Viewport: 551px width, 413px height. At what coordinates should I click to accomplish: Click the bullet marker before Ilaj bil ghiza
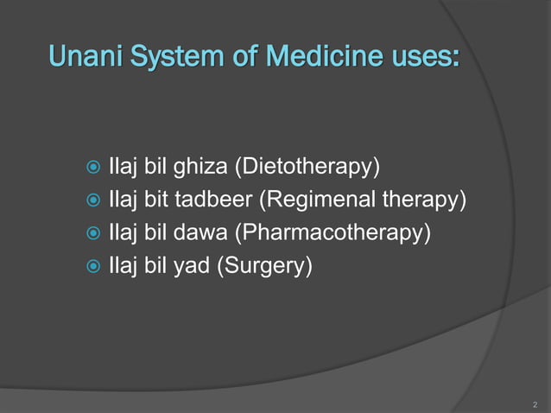[x=90, y=167]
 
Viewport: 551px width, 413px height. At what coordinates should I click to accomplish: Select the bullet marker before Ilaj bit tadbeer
[x=90, y=201]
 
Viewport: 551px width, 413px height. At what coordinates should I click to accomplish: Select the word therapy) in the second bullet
[x=425, y=200]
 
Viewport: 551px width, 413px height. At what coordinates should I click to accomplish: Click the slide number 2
[x=535, y=403]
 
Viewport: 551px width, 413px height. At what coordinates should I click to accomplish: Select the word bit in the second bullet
[x=155, y=200]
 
